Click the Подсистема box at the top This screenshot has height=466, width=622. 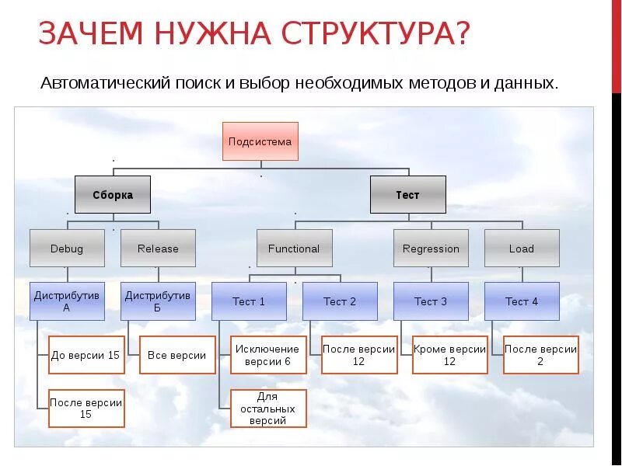coord(260,141)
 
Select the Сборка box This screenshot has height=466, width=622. coord(113,195)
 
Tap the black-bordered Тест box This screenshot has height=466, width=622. coord(407,195)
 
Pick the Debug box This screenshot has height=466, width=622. coord(67,249)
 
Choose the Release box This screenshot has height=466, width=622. coord(158,249)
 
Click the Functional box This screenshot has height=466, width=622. coord(294,249)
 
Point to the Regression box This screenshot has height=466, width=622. coord(431,249)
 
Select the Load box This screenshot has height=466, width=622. coord(522,249)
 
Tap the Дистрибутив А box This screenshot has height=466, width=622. coord(67,301)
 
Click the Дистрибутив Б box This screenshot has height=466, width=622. coord(158,301)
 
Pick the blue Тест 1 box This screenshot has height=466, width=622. coord(249,301)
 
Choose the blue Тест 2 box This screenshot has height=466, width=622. coord(340,301)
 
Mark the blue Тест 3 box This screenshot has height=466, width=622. coord(431,301)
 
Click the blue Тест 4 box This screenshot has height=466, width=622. coord(522,301)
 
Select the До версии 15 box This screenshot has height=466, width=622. coord(86,355)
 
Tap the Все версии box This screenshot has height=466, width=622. coord(177,355)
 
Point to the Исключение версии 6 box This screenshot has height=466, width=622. coord(268,355)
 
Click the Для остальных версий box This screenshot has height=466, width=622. coord(268,409)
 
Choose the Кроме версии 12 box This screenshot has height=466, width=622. coord(450,355)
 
